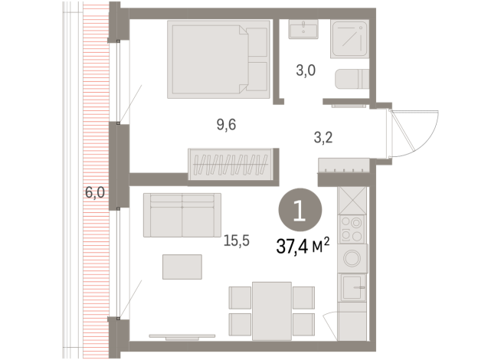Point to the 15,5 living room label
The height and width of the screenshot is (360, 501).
(237, 240)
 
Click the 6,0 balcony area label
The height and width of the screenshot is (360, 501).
(95, 193)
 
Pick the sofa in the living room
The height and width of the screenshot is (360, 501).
(182, 215)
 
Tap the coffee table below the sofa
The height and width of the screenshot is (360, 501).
(182, 267)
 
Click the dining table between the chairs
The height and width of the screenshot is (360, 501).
(272, 309)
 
